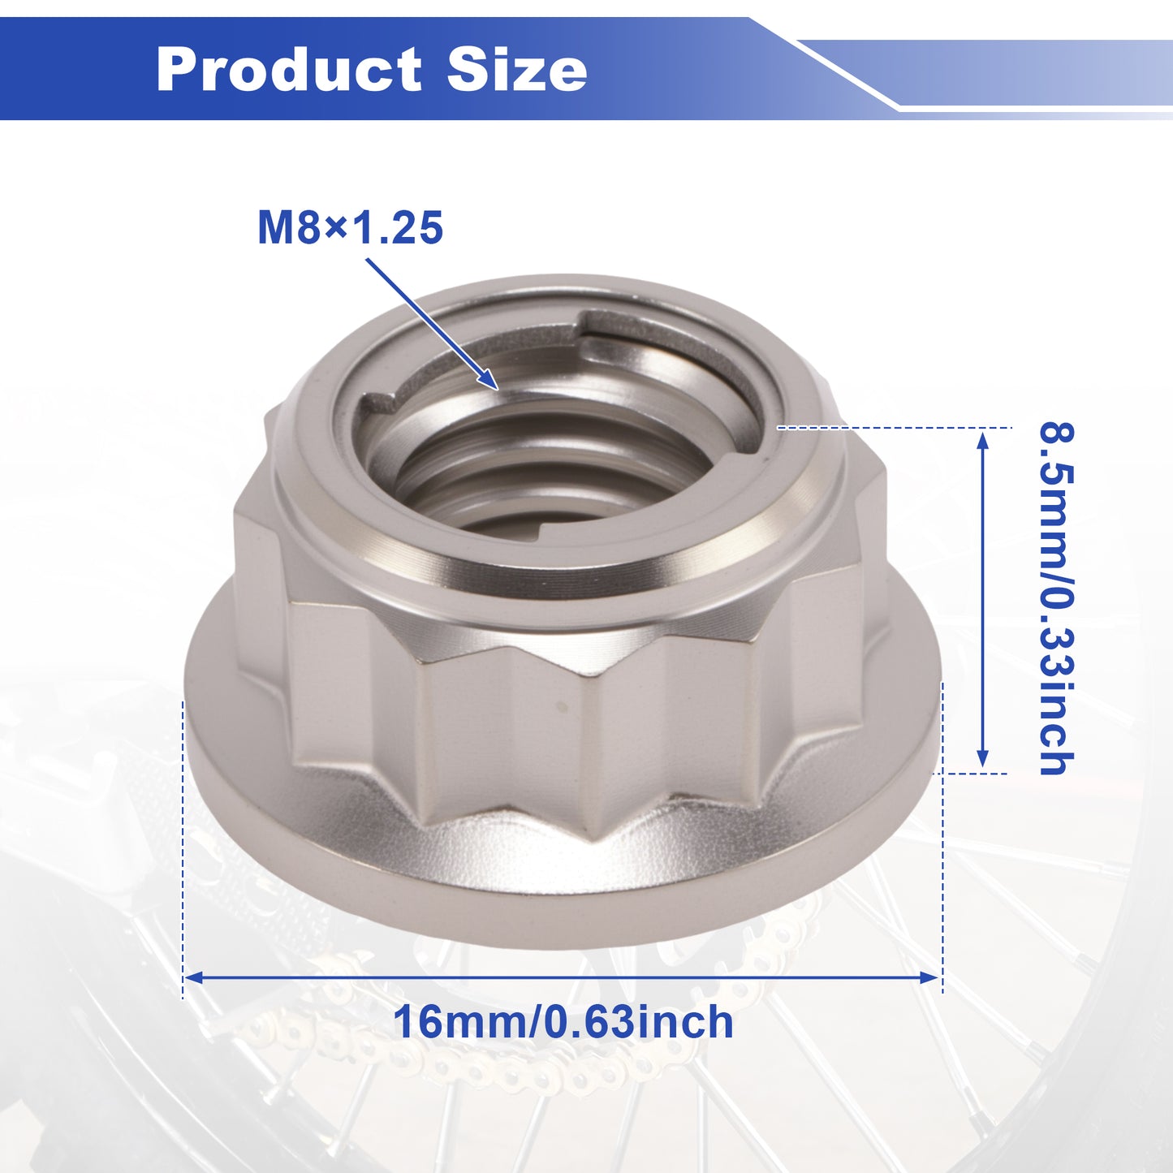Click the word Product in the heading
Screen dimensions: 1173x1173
(289, 69)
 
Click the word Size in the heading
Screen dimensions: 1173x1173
(517, 69)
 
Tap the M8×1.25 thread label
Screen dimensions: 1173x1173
(350, 228)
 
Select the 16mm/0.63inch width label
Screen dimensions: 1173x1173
(563, 1022)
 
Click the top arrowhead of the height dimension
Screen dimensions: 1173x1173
(982, 439)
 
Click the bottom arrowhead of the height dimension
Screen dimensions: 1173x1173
(982, 757)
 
